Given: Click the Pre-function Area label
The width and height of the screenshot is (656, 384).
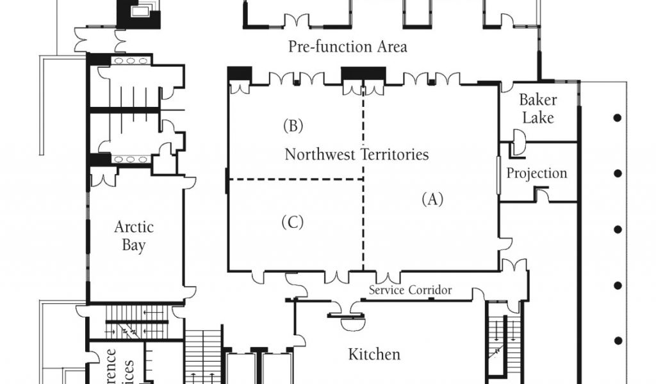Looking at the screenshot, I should tap(347, 47).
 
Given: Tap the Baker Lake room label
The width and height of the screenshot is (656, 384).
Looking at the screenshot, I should tap(537, 109).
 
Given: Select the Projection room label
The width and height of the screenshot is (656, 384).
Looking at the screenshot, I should tap(537, 173).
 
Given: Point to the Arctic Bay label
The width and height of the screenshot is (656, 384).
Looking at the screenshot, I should tap(134, 236).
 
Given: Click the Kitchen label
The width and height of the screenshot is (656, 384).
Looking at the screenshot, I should tap(374, 354).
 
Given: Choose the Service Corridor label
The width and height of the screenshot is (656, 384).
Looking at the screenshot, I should tap(410, 291).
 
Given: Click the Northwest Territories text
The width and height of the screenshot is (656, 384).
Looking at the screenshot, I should tap(357, 154).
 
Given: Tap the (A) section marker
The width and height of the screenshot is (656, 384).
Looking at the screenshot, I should tap(432, 199).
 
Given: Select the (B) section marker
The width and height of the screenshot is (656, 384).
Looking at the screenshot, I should tap(293, 125).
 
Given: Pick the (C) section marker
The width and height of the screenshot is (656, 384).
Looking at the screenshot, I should tap(292, 222).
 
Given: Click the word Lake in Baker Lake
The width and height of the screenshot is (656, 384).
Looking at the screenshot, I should tap(537, 118).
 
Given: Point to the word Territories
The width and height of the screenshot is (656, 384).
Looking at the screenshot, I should tap(395, 154).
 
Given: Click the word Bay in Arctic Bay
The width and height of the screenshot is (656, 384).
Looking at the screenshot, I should tap(134, 245).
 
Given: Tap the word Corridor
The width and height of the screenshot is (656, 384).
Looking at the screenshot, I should tap(429, 291).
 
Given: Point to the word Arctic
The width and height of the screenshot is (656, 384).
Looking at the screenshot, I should tap(134, 227).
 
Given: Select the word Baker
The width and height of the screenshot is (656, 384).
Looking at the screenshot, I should tap(537, 100).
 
